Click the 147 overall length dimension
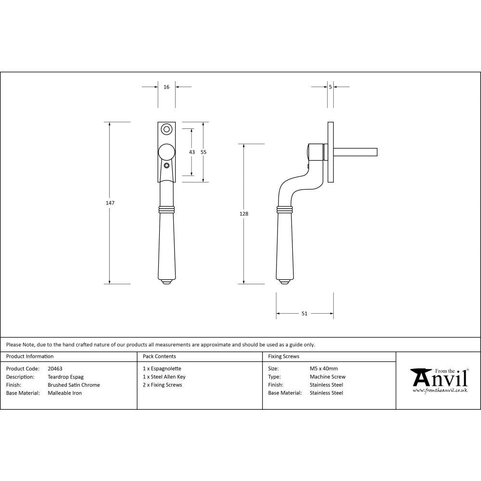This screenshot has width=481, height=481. click(110, 203)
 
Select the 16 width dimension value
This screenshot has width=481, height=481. click(166, 87)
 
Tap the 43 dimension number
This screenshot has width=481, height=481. click(192, 152)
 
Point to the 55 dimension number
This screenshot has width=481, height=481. click(203, 152)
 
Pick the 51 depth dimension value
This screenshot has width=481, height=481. click(304, 314)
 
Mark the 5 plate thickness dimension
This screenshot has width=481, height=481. click(330, 87)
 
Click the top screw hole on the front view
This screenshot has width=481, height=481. click(166, 129)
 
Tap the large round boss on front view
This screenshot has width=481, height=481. click(166, 152)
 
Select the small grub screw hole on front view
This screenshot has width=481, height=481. click(166, 165)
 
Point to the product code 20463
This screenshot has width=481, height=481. click(55, 368)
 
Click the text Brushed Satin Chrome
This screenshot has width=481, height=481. click(74, 385)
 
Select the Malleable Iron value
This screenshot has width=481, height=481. click(64, 393)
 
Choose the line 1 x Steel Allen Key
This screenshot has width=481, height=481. click(164, 377)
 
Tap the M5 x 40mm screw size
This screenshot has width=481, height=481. click(324, 368)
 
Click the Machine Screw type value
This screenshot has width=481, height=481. click(327, 377)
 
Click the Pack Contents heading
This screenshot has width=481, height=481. click(159, 356)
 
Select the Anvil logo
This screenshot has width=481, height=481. click(439, 380)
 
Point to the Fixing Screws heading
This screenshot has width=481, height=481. click(283, 356)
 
